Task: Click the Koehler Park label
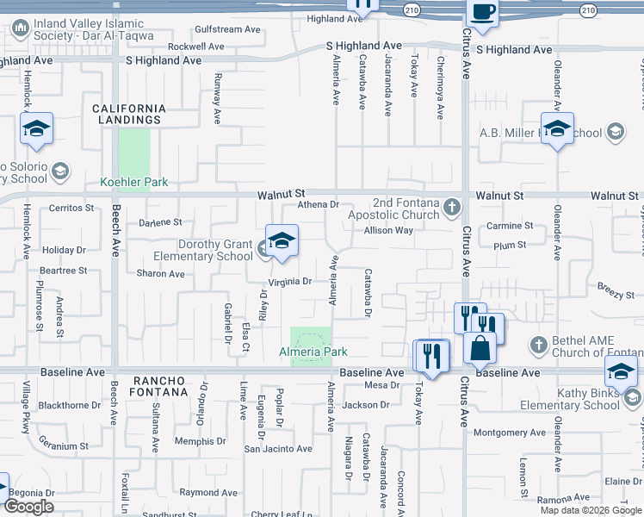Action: coord(133,183)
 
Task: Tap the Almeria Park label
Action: coord(313,352)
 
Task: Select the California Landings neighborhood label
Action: coord(130,114)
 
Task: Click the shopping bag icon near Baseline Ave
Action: coord(480,348)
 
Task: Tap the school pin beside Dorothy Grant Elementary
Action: coord(281,242)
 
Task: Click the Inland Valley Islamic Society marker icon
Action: coord(20,29)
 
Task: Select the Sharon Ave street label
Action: coord(160,274)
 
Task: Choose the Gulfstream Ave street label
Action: coord(227,29)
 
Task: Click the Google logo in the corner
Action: coord(28,507)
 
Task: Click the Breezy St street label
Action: coord(615,294)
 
